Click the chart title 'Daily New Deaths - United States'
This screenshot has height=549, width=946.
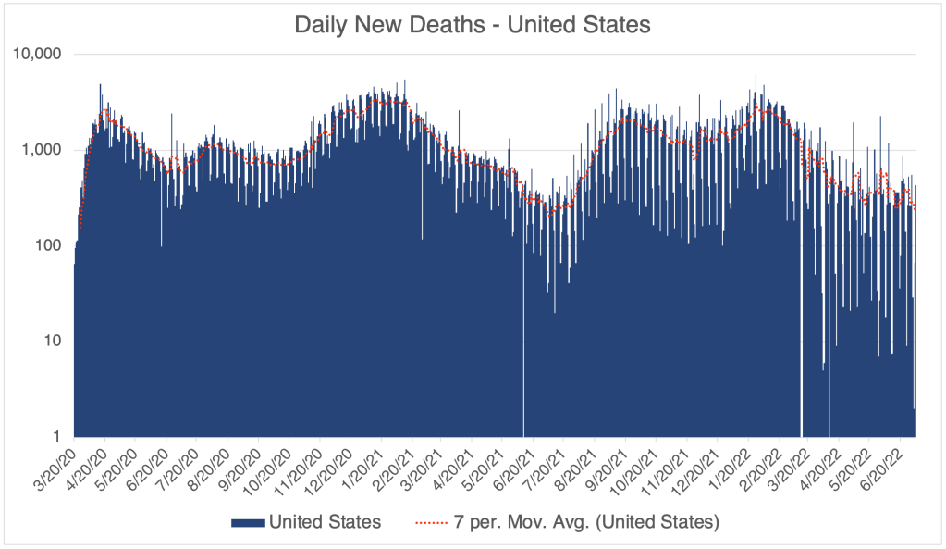(473, 24)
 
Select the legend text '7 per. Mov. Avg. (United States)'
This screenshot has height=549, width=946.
(584, 522)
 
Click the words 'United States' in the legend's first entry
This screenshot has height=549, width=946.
(325, 522)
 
